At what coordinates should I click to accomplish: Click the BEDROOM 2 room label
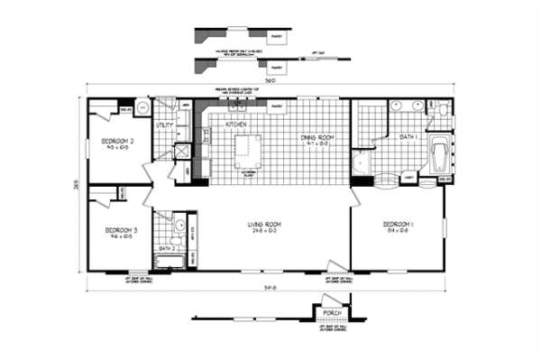(x=117, y=141)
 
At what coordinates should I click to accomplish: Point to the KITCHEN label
(x=236, y=123)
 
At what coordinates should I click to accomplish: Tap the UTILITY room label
(x=164, y=125)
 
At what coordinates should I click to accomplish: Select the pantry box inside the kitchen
(x=277, y=106)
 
